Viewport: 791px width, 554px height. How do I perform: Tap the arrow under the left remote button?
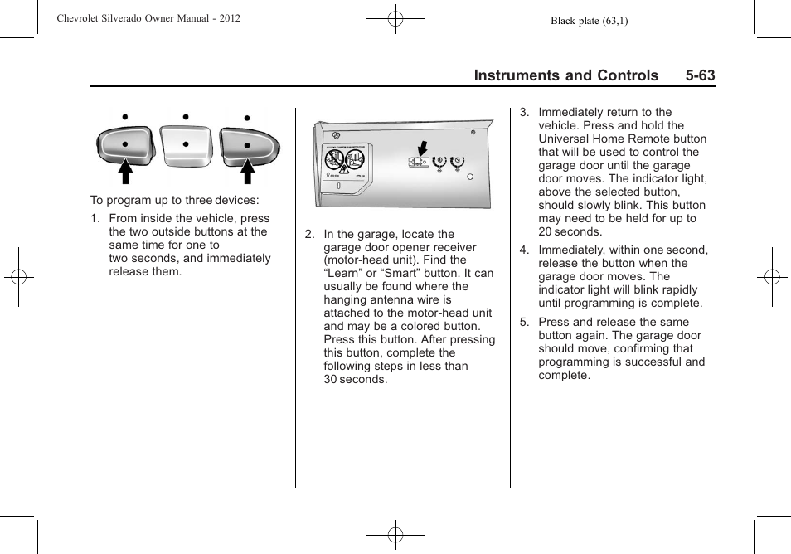[x=124, y=171]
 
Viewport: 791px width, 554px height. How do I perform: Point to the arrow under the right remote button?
[x=247, y=171]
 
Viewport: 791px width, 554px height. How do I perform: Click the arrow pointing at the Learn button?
[x=422, y=148]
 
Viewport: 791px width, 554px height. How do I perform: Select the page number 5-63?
[x=700, y=75]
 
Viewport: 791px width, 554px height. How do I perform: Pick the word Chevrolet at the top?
[x=80, y=17]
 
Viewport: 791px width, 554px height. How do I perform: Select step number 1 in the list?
[x=95, y=219]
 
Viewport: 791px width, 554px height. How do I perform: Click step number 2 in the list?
[x=309, y=234]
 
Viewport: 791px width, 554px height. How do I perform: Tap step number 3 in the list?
[x=523, y=113]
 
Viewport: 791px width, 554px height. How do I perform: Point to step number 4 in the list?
[x=523, y=250]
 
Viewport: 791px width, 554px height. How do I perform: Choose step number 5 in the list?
[x=523, y=323]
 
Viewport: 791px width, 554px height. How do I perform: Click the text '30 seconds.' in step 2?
[x=355, y=379]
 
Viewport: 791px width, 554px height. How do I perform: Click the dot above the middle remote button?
[x=186, y=117]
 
